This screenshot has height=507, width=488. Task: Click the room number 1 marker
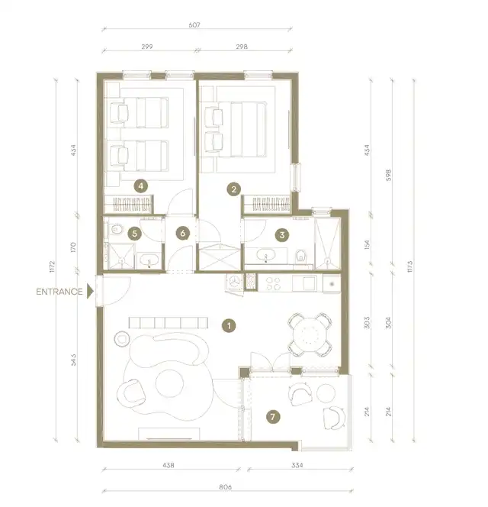point(229,325)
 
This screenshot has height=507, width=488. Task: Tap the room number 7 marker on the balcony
point(273,417)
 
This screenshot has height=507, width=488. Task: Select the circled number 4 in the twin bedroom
point(141,186)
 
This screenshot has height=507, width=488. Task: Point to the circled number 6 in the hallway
point(183,233)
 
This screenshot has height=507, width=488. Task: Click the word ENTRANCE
point(59,292)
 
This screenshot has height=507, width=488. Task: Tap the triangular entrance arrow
point(90,292)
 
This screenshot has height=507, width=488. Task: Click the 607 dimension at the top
point(194,24)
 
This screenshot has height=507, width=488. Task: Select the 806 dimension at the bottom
point(226,486)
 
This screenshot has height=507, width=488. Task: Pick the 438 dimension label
point(169,465)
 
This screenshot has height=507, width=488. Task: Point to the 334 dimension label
point(297,465)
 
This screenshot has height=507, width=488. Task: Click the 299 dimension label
point(147,47)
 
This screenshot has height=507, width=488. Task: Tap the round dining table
point(310,334)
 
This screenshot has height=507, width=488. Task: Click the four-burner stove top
point(273,283)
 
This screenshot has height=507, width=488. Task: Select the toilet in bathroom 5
point(116,230)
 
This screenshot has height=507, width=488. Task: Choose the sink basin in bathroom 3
point(266,254)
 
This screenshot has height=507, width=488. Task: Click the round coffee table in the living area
point(169,384)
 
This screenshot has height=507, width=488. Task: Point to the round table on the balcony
point(326,393)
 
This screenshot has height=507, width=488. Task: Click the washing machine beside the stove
point(235,283)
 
